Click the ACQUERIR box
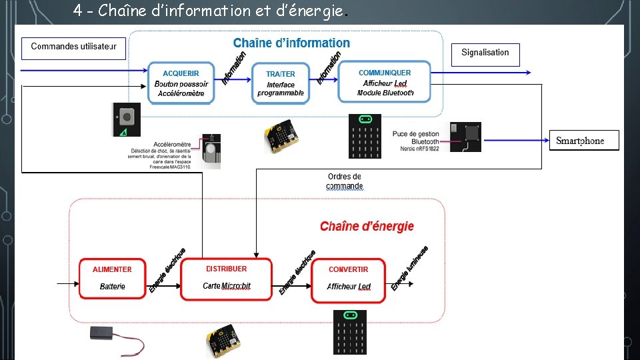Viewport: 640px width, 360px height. (181, 83)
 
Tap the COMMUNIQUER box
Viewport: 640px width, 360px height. (385, 82)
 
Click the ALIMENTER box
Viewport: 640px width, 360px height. (112, 278)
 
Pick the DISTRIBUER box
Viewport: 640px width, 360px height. (226, 279)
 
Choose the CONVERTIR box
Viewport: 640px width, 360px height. (348, 279)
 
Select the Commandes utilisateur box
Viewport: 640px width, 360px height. (73, 48)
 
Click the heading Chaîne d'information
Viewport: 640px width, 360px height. (291, 43)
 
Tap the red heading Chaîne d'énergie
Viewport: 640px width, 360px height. (367, 227)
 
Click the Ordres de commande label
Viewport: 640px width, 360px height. (345, 181)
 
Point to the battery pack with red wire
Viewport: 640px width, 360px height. (116, 338)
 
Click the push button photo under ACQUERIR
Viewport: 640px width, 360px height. (126, 120)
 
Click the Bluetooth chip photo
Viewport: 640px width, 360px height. (465, 136)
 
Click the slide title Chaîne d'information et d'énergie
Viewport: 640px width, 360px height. (211, 11)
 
